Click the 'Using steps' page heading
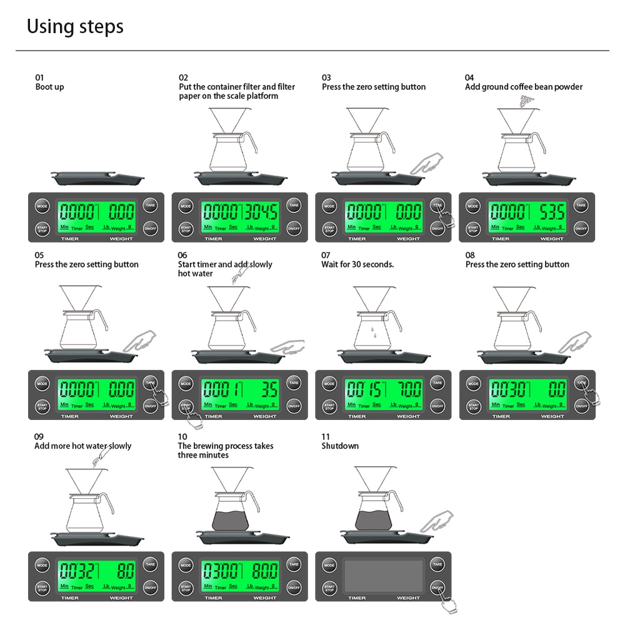click(x=75, y=27)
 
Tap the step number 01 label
click(x=40, y=77)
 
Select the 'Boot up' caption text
click(x=49, y=87)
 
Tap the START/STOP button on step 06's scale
click(x=186, y=407)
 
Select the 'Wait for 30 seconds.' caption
click(x=357, y=264)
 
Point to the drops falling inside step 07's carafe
click(x=372, y=330)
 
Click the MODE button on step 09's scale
click(x=42, y=564)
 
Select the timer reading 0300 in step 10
click(x=220, y=571)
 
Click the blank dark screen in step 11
click(x=383, y=576)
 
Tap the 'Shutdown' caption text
click(x=340, y=446)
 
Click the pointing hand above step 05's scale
click(x=140, y=341)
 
